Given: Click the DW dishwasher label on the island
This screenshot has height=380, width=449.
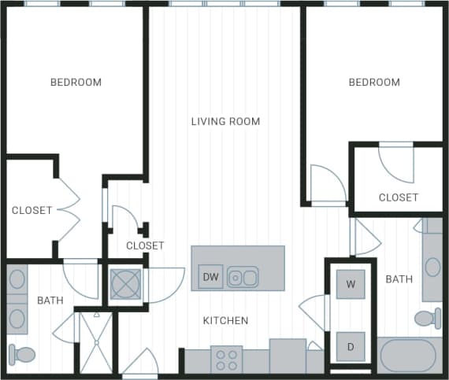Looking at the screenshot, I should point(210,277).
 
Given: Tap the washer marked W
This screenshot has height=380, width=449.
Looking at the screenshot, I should point(351,284).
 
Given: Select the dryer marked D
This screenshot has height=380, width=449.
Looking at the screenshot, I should point(351,346).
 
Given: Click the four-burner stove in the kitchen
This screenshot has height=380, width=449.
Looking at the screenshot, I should point(226,360).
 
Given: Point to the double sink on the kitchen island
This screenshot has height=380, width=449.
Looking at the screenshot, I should point(243,277).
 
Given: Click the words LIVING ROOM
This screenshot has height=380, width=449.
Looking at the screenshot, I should point(225,121).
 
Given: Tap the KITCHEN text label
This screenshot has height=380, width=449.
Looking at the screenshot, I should point(226,320).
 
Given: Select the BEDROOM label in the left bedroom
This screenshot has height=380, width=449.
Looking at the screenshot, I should point(76,82).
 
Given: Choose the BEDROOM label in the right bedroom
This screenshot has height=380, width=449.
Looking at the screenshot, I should point(374,82).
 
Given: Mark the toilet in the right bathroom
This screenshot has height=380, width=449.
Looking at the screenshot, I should point(427,319).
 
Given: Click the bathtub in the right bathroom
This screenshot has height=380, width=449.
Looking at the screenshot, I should point(407,356).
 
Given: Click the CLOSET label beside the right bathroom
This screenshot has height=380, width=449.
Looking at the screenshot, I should point(398,197).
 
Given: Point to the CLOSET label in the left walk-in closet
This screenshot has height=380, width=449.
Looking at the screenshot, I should point(32,210).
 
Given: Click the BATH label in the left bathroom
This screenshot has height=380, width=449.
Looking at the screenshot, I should point(50,300).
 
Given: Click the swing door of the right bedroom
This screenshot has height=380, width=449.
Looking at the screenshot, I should point(327,186).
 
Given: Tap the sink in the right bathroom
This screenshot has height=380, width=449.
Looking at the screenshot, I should point(432,267).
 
